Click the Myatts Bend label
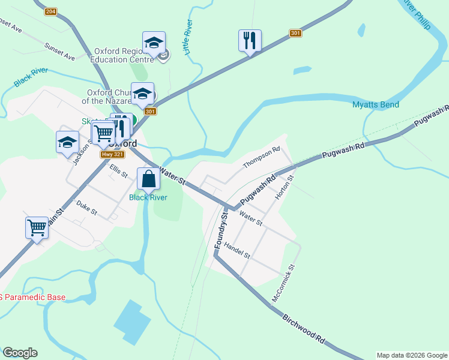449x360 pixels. click(375, 105)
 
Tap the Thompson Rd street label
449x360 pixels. click(262, 157)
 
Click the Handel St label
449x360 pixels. click(237, 251)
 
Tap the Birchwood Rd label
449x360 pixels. click(304, 327)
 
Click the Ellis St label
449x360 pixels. click(118, 171)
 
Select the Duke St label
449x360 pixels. click(87, 208)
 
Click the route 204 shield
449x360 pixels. click(50, 11)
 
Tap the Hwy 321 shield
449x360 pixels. click(112, 154)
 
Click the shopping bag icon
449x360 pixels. click(148, 178)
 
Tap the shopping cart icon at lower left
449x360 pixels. click(37, 227)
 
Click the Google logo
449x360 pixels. click(20, 353)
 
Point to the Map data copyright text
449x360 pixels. click(412, 355)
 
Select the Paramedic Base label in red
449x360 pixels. click(32, 298)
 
